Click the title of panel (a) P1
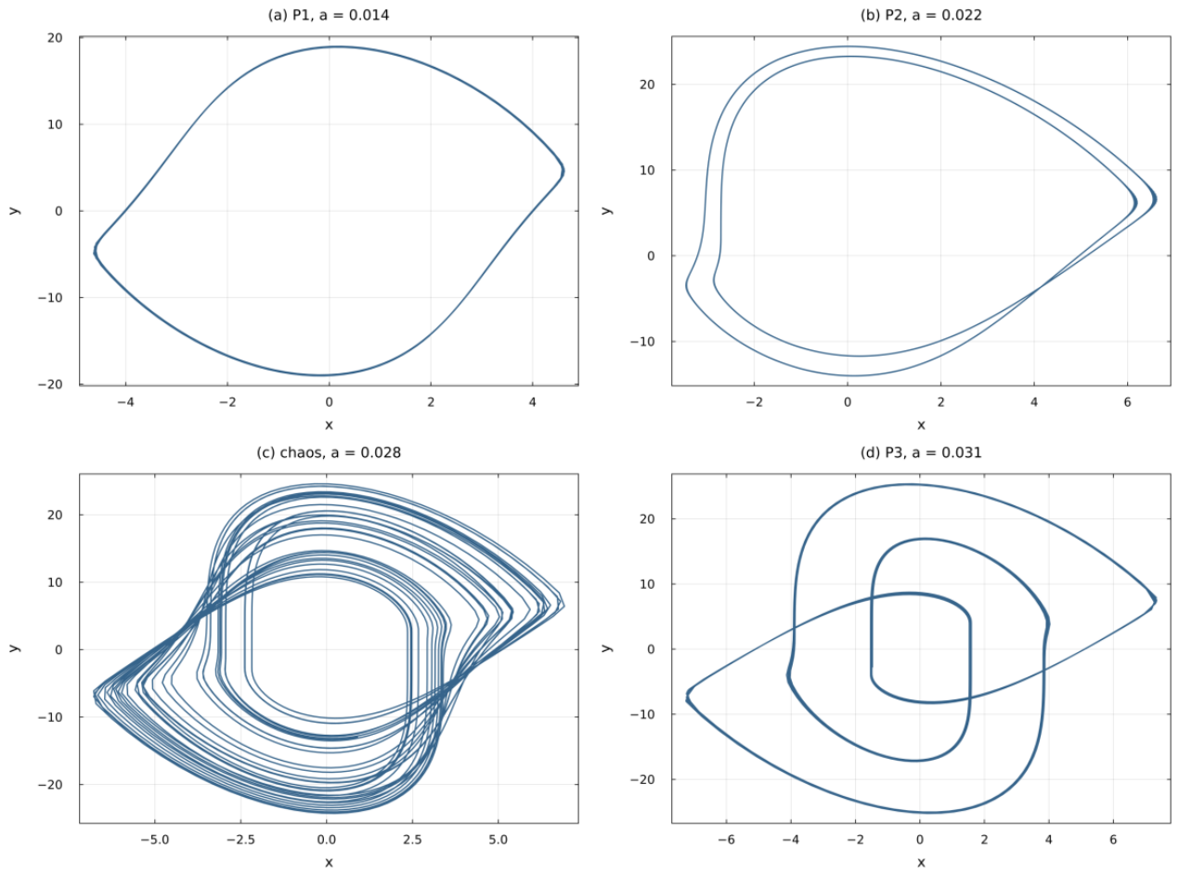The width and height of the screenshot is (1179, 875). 329,15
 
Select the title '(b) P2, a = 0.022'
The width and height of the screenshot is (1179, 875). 921,15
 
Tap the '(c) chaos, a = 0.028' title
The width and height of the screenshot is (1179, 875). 329,452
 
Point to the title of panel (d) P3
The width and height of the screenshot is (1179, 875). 921,452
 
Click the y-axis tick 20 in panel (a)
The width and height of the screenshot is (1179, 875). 54,38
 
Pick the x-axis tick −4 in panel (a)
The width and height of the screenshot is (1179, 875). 125,402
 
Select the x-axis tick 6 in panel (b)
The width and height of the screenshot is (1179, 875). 1127,402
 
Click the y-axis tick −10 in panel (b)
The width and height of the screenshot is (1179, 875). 642,341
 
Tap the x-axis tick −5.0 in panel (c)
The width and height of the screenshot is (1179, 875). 155,840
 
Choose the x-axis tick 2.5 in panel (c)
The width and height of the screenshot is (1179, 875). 412,840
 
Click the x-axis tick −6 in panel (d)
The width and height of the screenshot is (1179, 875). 726,840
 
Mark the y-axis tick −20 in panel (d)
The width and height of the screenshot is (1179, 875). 642,779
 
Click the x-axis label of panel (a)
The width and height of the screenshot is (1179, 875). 329,424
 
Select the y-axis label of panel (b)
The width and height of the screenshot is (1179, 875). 607,211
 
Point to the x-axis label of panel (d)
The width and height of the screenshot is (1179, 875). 921,862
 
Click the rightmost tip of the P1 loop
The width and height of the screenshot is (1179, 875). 564,171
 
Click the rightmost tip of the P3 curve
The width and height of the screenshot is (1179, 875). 1156,599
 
